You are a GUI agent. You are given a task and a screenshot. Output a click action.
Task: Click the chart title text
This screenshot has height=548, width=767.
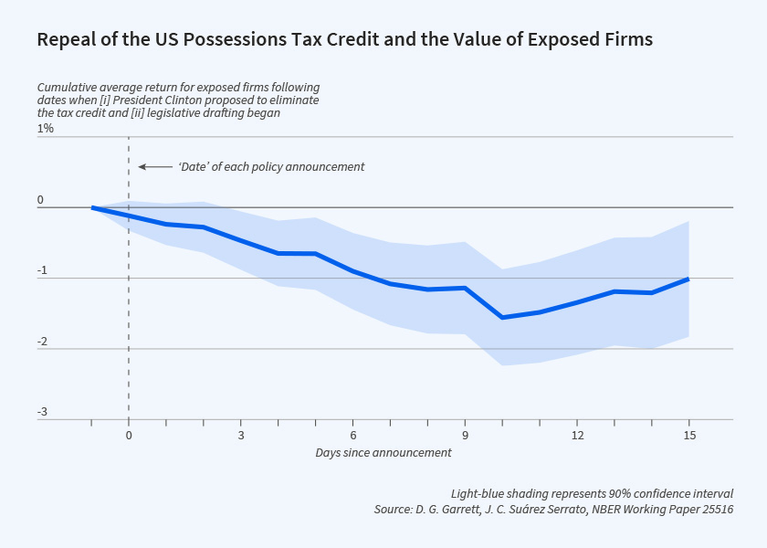point(344,40)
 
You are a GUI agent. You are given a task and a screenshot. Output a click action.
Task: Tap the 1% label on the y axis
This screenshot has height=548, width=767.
point(46,129)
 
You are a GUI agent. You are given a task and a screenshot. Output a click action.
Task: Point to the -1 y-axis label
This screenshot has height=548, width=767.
point(42,270)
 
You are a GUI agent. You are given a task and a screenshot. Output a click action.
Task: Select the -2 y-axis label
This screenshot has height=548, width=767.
point(42,342)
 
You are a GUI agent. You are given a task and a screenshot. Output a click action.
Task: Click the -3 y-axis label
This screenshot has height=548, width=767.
point(42,413)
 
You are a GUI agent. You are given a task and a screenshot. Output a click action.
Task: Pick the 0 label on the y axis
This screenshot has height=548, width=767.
point(41,200)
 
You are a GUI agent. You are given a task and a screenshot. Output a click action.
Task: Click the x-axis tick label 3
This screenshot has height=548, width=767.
point(240,436)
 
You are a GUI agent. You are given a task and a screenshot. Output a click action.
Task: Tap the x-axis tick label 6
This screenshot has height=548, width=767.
point(352,436)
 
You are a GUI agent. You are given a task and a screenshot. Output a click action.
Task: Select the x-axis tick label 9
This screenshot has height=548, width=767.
point(465,436)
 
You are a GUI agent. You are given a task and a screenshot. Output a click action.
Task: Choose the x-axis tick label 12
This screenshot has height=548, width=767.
point(577,436)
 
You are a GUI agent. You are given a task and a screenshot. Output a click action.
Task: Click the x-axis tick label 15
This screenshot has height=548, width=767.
point(689,436)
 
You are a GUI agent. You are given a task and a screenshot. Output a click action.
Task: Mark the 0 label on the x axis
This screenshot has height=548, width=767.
point(129,436)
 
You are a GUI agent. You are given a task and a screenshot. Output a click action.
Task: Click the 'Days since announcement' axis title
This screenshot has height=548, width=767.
point(383,453)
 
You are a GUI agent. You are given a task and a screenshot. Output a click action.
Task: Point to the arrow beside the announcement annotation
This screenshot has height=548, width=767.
point(155,167)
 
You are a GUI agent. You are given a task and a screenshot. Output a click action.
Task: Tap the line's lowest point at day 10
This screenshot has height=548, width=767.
point(502,317)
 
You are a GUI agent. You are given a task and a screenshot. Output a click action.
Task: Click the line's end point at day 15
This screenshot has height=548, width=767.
point(688,279)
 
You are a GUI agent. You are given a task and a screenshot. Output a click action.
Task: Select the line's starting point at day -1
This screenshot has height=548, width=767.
point(92,207)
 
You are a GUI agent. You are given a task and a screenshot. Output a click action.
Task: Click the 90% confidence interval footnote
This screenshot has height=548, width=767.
point(592,493)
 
